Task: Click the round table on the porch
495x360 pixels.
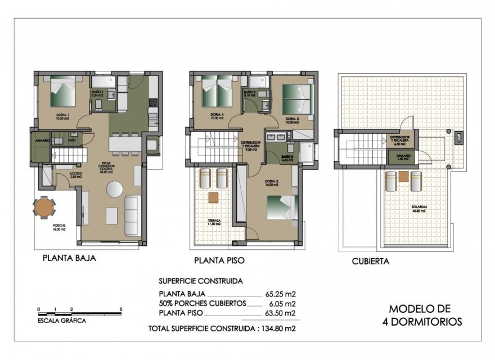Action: pyautogui.click(x=44, y=208)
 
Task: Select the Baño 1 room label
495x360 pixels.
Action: pyautogui.click(x=98, y=94)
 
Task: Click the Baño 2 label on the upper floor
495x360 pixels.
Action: pyautogui.click(x=287, y=159)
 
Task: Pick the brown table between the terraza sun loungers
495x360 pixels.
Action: pyautogui.click(x=213, y=197)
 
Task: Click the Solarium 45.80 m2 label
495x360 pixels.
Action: pyautogui.click(x=419, y=209)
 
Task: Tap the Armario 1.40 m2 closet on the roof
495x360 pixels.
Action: pyautogui.click(x=403, y=157)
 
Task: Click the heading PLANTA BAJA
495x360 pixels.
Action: pyautogui.click(x=69, y=259)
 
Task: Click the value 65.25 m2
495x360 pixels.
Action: pyautogui.click(x=281, y=294)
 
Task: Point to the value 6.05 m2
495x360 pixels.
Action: pyautogui.click(x=283, y=303)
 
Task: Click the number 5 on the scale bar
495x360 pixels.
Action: pyautogui.click(x=121, y=310)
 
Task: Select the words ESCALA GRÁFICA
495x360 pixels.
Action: pyautogui.click(x=62, y=321)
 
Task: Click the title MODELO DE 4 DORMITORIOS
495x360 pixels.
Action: pyautogui.click(x=426, y=315)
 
